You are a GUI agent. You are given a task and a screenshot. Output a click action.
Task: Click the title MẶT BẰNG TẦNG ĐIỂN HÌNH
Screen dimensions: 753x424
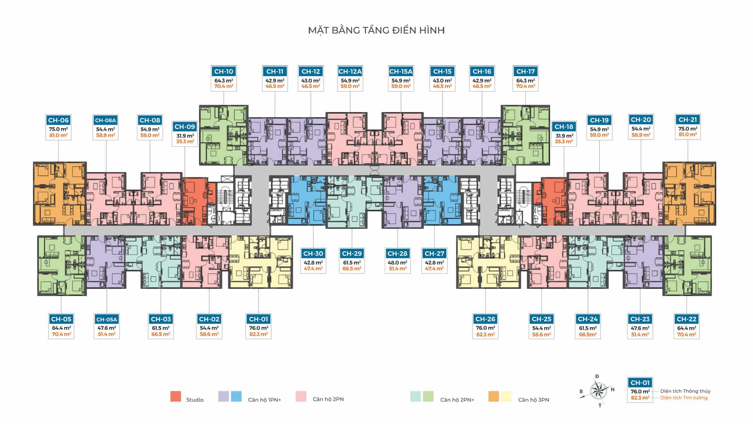click(x=376, y=30)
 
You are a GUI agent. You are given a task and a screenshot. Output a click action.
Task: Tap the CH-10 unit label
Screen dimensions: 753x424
click(x=224, y=71)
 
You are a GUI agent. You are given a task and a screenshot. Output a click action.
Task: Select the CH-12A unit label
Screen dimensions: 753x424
click(x=350, y=71)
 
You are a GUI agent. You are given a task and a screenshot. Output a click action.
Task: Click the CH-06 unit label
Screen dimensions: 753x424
click(x=58, y=120)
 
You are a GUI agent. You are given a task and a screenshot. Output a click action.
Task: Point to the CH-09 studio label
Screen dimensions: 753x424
click(x=185, y=127)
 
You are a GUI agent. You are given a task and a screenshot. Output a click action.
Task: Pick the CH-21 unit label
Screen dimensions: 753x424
click(x=688, y=120)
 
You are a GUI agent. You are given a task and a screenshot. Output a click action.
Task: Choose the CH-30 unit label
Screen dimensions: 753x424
click(x=313, y=254)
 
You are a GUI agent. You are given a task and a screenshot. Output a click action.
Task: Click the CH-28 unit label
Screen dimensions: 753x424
click(x=397, y=254)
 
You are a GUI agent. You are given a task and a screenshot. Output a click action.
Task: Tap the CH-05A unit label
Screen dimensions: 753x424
click(x=107, y=319)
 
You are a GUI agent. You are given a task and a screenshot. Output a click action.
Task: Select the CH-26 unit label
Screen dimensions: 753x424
click(x=485, y=319)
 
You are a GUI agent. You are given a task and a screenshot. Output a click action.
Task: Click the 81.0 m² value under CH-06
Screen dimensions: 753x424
click(x=58, y=135)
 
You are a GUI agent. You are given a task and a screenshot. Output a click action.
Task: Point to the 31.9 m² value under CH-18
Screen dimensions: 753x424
click(x=564, y=136)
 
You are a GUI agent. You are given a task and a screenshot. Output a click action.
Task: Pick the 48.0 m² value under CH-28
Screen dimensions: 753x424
click(x=397, y=263)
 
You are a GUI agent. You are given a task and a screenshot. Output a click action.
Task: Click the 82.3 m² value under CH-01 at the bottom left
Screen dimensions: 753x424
click(x=258, y=334)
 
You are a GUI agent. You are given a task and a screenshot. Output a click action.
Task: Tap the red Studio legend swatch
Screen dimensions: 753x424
click(x=176, y=397)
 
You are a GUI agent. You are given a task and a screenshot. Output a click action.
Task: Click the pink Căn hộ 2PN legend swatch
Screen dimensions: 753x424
click(x=301, y=397)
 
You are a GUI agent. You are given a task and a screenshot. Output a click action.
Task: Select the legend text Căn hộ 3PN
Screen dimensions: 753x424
click(x=533, y=400)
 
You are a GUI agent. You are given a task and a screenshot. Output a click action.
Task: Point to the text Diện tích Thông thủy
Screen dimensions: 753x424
click(x=685, y=391)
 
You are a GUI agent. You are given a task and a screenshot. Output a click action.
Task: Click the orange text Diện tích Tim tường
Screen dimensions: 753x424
click(x=684, y=398)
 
